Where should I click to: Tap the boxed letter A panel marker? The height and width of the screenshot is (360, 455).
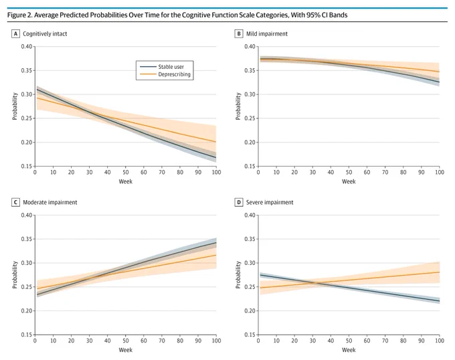pos(15,34)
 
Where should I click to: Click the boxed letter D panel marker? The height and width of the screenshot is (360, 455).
pos(238,202)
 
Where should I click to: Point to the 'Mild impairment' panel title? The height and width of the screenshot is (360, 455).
pos(267,33)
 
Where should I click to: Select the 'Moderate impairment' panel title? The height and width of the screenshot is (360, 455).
pos(50,202)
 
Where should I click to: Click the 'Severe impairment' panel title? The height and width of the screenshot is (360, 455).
pos(270,202)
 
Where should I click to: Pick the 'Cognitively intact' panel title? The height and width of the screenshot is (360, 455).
pos(45,34)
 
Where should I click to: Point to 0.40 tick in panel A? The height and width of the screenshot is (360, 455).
pos(27,46)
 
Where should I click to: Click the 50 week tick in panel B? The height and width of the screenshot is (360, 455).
pos(349,172)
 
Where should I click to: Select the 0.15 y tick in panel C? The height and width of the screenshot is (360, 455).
pos(27,335)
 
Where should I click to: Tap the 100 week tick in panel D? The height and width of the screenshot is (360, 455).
pos(440,341)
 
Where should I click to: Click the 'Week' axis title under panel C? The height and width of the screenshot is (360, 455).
pos(125,350)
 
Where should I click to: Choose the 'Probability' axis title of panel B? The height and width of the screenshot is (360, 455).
pos(238,106)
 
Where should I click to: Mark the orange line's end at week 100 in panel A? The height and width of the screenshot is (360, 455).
pos(216,142)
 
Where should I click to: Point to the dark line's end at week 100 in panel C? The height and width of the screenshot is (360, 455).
pos(216,242)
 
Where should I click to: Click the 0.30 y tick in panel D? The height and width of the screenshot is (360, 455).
pos(250,263)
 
